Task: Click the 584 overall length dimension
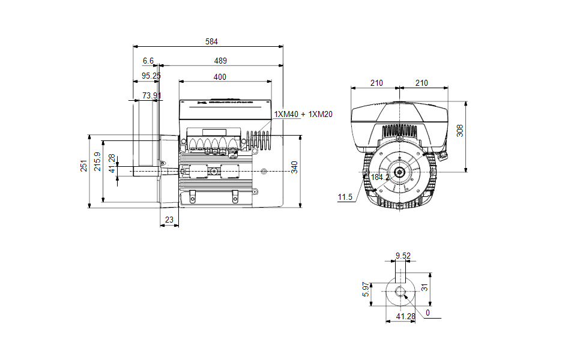point(211,42)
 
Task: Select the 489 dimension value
point(220,61)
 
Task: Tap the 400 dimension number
point(220,77)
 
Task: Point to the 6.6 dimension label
point(148,61)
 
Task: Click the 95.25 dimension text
point(151,76)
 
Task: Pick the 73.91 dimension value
point(152,95)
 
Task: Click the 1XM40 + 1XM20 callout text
point(304,114)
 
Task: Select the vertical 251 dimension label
point(84,166)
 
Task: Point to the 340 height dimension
point(294,167)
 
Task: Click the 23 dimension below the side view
point(169,220)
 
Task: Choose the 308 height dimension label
point(460,131)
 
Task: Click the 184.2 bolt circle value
point(380,178)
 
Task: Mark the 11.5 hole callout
point(345,197)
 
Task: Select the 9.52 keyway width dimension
point(403,256)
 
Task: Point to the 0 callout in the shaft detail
point(427,313)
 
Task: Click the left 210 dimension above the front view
point(376,83)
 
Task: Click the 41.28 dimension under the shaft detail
point(406,316)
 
